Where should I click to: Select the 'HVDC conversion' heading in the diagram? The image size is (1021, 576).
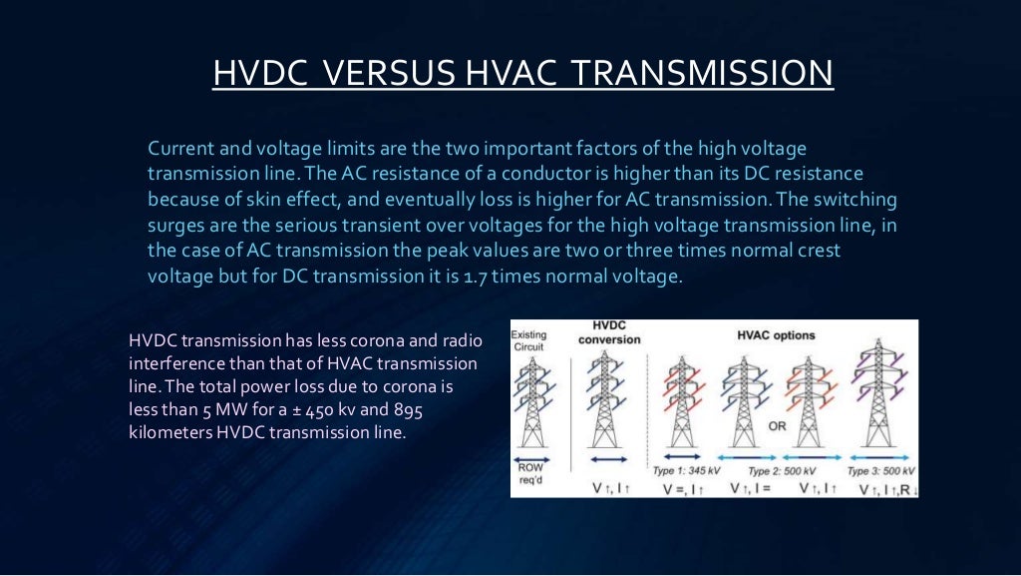coord(608,333)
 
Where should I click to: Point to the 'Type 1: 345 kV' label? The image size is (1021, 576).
coord(686,470)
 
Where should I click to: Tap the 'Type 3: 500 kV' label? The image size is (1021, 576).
coord(880,470)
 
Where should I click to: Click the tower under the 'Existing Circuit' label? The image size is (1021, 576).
coord(532,404)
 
